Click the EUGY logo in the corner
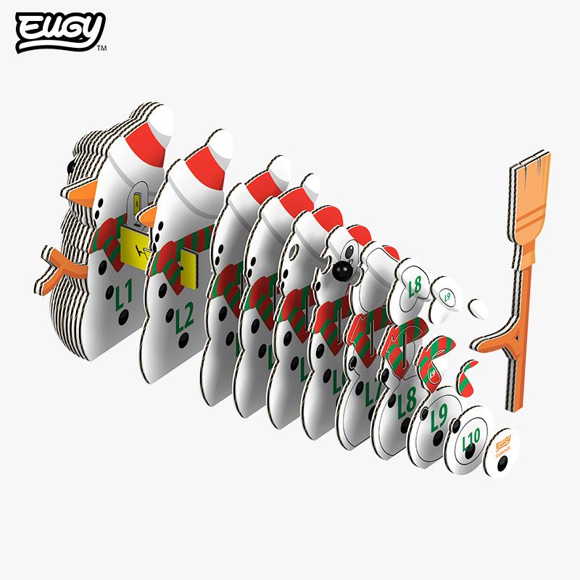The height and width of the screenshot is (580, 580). click(60, 32)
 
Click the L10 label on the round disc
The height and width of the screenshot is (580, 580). click(471, 436)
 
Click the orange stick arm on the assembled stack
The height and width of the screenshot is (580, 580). click(59, 264)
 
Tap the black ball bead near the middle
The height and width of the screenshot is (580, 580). click(341, 273)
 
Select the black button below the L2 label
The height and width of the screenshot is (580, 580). click(184, 340)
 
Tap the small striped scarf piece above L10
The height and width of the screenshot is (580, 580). click(468, 376)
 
